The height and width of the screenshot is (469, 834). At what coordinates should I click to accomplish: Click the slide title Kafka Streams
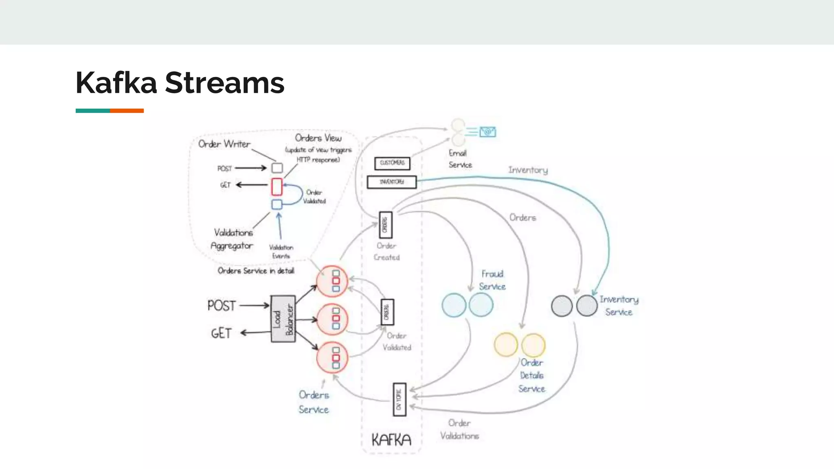coord(180,83)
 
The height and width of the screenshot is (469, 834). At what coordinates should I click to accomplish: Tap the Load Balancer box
coord(283,319)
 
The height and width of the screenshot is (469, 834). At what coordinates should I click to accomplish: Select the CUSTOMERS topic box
coord(392,163)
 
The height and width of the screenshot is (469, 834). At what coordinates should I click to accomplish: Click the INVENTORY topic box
coord(392,182)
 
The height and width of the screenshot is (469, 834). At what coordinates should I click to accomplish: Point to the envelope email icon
coord(487,132)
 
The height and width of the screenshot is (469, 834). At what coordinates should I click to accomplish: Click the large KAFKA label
coord(391,440)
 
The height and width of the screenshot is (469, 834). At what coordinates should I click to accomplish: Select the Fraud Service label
coord(492,280)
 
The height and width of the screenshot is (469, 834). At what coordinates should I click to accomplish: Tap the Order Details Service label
coord(531,375)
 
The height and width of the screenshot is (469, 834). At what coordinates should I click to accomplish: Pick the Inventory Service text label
coord(619,305)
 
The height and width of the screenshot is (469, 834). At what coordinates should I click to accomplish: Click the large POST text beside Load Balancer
coord(222,305)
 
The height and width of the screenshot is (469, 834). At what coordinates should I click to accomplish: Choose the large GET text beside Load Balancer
coord(221,333)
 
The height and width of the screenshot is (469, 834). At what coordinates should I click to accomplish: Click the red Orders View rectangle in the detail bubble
coord(277,187)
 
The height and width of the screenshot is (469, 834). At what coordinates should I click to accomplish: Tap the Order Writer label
coord(224,144)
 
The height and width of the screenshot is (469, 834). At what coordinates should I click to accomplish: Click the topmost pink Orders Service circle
coord(332,281)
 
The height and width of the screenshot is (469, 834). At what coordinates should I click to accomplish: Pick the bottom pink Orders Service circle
coord(332,357)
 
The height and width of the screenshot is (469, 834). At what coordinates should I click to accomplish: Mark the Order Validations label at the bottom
coord(459,430)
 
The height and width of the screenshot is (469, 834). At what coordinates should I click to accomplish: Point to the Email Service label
coord(460,159)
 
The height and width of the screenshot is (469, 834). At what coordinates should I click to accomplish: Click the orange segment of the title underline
coord(127,111)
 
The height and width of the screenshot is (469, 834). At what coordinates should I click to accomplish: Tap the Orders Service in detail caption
coord(256,271)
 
